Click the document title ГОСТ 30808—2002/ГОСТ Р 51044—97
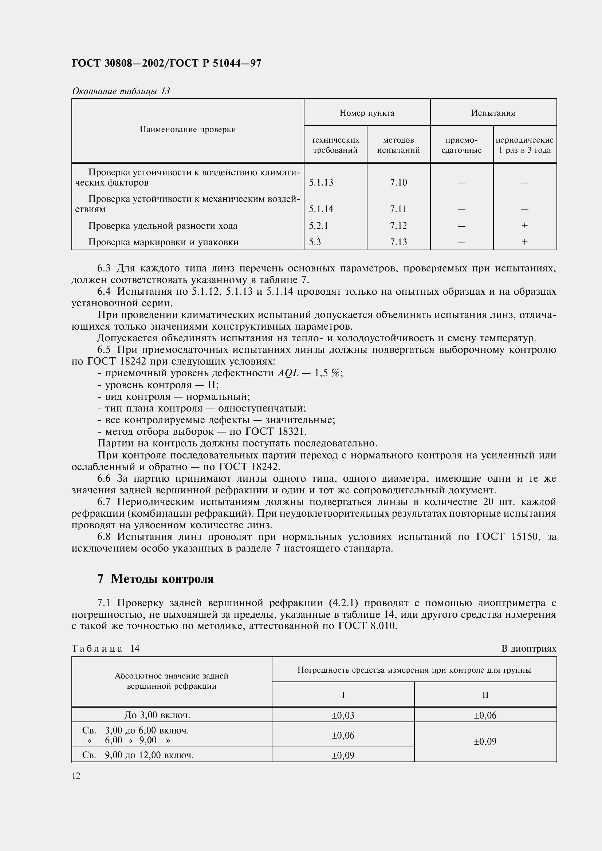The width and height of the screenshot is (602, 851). coord(166,63)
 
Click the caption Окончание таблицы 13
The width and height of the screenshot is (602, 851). coord(121,91)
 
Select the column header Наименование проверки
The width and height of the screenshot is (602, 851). coord(188,130)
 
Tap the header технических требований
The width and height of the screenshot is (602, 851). coord(335,145)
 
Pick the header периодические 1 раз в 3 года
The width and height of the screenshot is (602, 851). coord(524,145)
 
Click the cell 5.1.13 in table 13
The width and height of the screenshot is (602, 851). coord(321,182)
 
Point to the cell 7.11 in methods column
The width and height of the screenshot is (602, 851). coord(398,209)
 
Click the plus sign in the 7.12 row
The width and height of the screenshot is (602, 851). coord(524,225)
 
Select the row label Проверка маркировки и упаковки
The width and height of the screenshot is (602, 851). coord(163,242)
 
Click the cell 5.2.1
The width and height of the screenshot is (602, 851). coord(318,226)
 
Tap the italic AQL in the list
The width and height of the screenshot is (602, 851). coord(288,373)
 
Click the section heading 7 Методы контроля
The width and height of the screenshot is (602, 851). coord(156,578)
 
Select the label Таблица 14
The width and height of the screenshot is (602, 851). coord(106,648)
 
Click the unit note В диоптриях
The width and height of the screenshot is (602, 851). coord(528,648)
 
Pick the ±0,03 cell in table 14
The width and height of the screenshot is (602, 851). coord(343,715)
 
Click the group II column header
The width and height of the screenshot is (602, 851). coord(485,695)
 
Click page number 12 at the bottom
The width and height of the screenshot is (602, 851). coord(76,776)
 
